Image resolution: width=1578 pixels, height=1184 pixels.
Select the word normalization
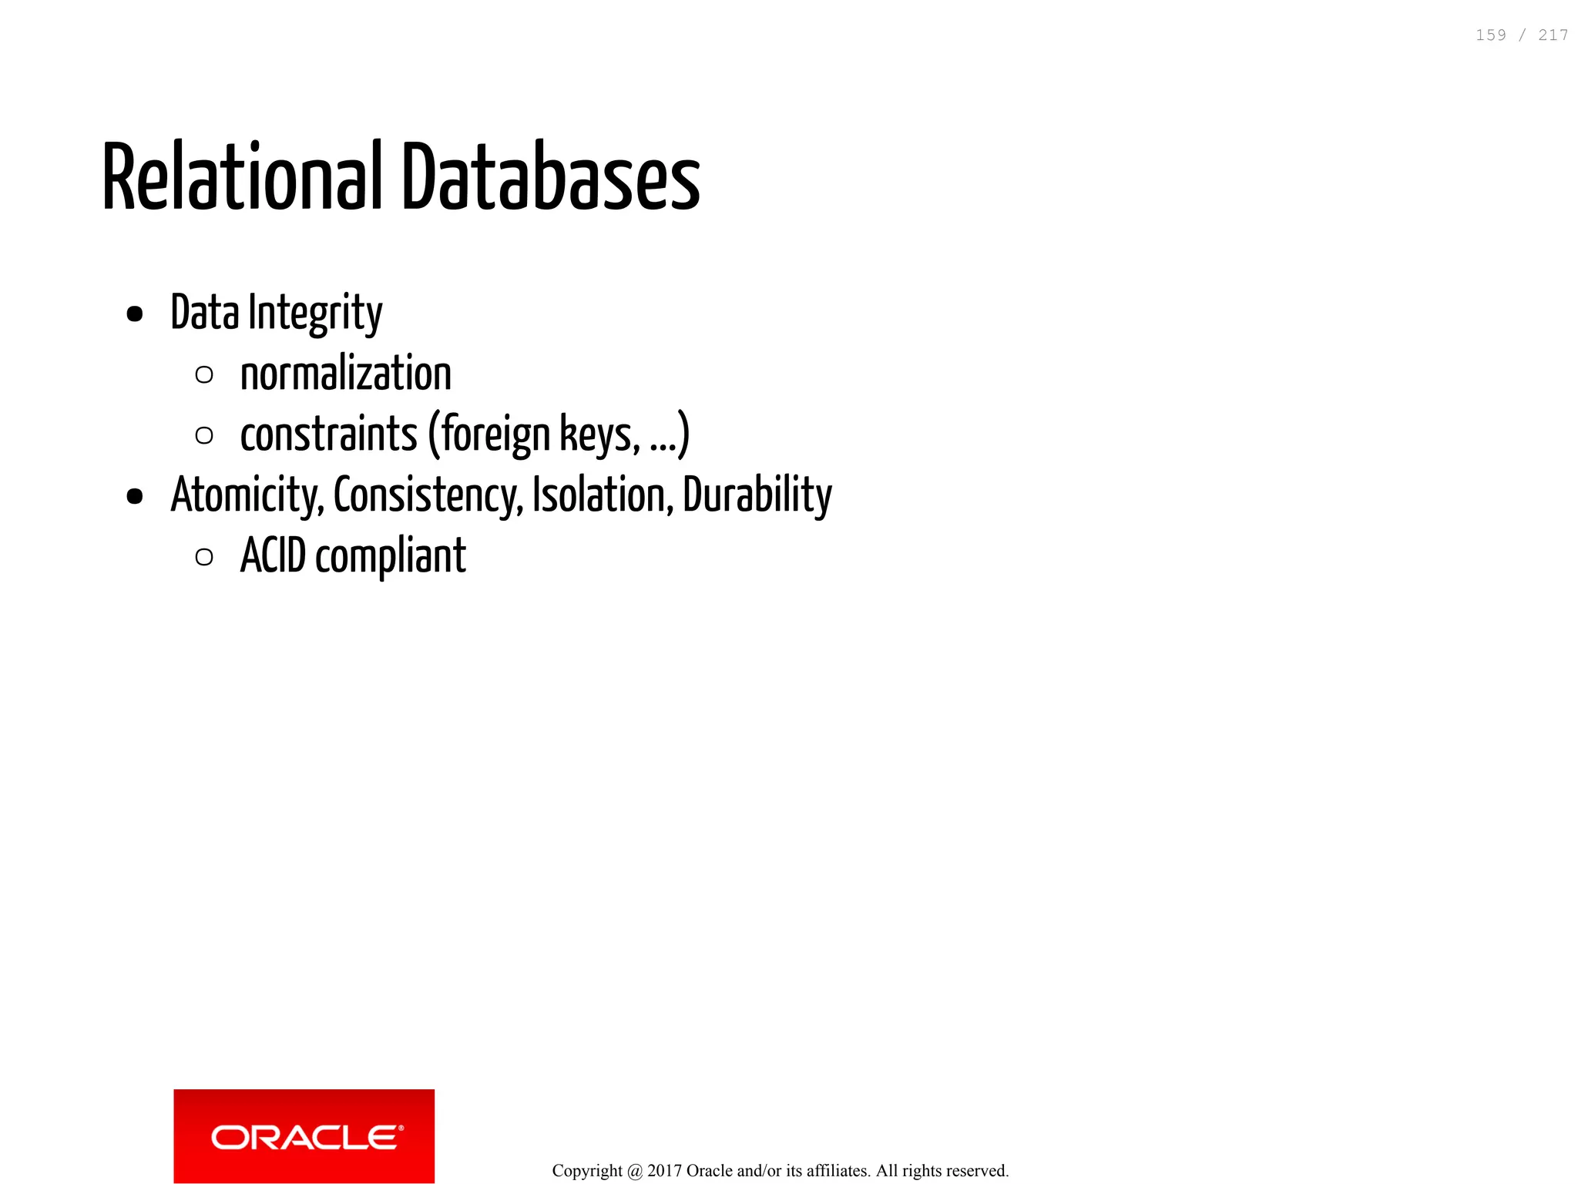[x=346, y=374]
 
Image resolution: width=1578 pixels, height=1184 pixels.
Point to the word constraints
[x=328, y=434]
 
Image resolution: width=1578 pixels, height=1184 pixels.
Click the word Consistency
[x=428, y=495]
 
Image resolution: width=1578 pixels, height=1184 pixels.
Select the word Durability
[x=757, y=495]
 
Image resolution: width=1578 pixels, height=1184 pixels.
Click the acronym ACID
[x=273, y=555]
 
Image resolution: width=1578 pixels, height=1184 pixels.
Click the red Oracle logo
[x=304, y=1135]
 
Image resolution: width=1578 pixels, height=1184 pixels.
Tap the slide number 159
[x=1490, y=35]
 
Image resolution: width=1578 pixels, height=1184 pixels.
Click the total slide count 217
[x=1553, y=35]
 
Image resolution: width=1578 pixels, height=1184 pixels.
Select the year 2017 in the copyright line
[x=664, y=1171]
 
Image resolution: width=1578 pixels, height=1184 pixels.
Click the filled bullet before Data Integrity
[x=135, y=314]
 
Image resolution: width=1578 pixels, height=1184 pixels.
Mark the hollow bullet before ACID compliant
[x=204, y=556]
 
